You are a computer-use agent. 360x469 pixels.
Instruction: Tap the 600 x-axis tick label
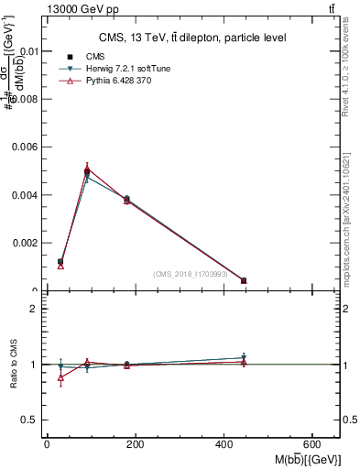pyautogui.click(x=314, y=444)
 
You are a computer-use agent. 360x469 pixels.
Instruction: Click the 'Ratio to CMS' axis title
pyautogui.click(x=15, y=364)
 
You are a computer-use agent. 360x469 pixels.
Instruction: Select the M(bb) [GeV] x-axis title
pyautogui.click(x=304, y=459)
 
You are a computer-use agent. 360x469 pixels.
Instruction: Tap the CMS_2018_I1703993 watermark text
pyautogui.click(x=190, y=273)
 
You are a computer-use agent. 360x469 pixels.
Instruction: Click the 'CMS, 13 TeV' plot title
pyautogui.click(x=192, y=38)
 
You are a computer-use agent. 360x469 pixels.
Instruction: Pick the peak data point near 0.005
pyautogui.click(x=87, y=170)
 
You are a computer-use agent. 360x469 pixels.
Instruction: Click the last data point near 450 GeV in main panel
pyautogui.click(x=244, y=280)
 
